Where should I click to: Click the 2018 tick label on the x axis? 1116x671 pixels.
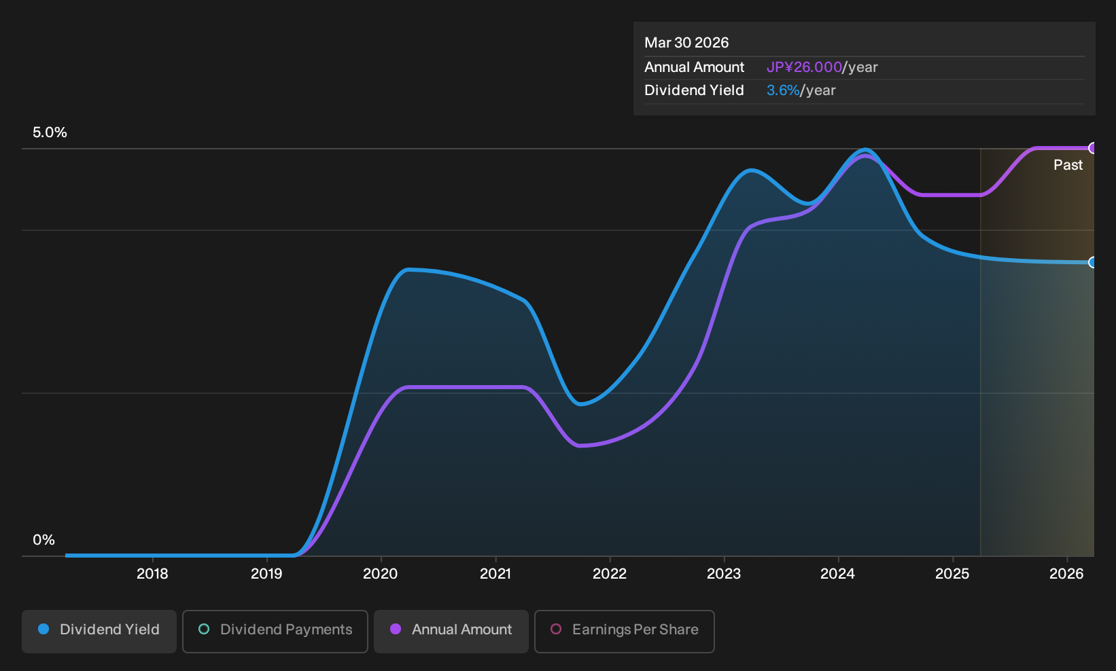[152, 574]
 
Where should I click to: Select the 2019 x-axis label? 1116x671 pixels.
[266, 574]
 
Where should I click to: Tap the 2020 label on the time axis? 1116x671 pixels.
[381, 574]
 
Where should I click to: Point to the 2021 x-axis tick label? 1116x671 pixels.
[495, 574]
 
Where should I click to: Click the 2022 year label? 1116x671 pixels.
[610, 574]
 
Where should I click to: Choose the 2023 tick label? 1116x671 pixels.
[724, 574]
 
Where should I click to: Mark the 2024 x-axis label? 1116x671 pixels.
[838, 574]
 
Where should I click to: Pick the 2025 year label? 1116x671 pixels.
[952, 574]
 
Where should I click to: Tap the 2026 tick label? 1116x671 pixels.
[1066, 574]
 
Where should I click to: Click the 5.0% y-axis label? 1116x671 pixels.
[50, 132]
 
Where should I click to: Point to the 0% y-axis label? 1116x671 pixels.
[44, 540]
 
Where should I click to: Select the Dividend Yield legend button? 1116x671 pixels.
[99, 631]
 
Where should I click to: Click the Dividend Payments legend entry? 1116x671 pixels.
[275, 631]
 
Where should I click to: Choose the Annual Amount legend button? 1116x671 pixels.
[451, 631]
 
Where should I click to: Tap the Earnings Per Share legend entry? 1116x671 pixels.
[624, 631]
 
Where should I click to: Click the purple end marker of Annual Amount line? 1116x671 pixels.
[1092, 148]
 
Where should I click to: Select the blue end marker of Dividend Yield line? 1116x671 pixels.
[1092, 262]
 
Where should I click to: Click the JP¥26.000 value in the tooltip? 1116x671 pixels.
[804, 67]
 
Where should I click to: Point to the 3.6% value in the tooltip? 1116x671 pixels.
[783, 90]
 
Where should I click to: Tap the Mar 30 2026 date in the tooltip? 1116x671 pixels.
[686, 43]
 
